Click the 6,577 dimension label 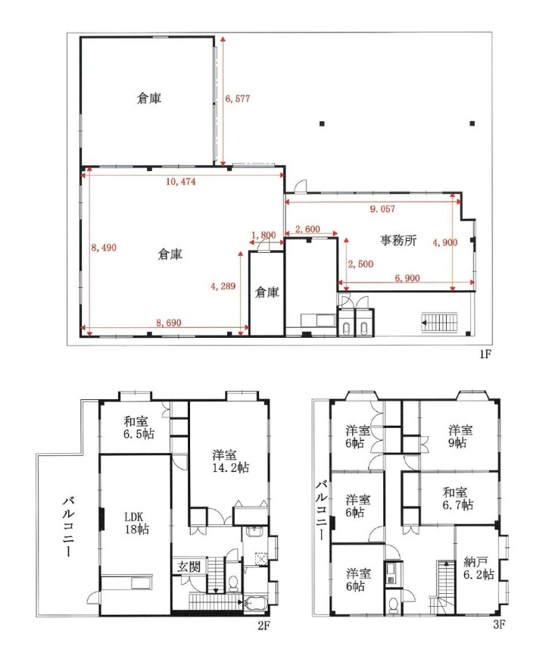tap(238, 98)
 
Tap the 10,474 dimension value tap(181, 182)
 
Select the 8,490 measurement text tap(104, 248)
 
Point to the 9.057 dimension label tap(382, 209)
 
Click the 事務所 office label tap(398, 240)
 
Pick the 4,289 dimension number tap(223, 286)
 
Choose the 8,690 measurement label tap(169, 323)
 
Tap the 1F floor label tap(485, 354)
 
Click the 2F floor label tap(263, 626)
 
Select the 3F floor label tap(499, 625)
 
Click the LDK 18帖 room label tap(137, 523)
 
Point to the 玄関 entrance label tap(189, 567)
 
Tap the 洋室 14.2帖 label tap(231, 461)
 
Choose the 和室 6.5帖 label tap(139, 427)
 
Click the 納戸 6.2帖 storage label tap(479, 568)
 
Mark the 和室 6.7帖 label tap(457, 498)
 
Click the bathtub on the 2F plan tap(255, 604)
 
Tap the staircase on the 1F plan tap(439, 323)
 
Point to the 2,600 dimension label tap(307, 229)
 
